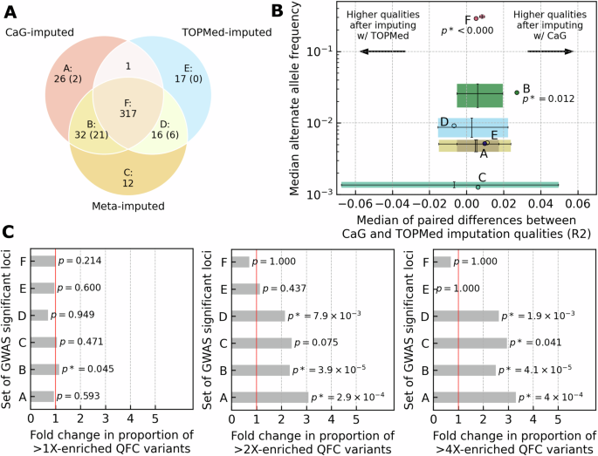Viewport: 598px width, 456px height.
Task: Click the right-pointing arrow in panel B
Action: tap(547, 52)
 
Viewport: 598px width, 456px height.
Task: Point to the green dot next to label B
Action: tap(517, 92)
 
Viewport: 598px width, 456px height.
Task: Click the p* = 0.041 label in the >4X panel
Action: tap(538, 343)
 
